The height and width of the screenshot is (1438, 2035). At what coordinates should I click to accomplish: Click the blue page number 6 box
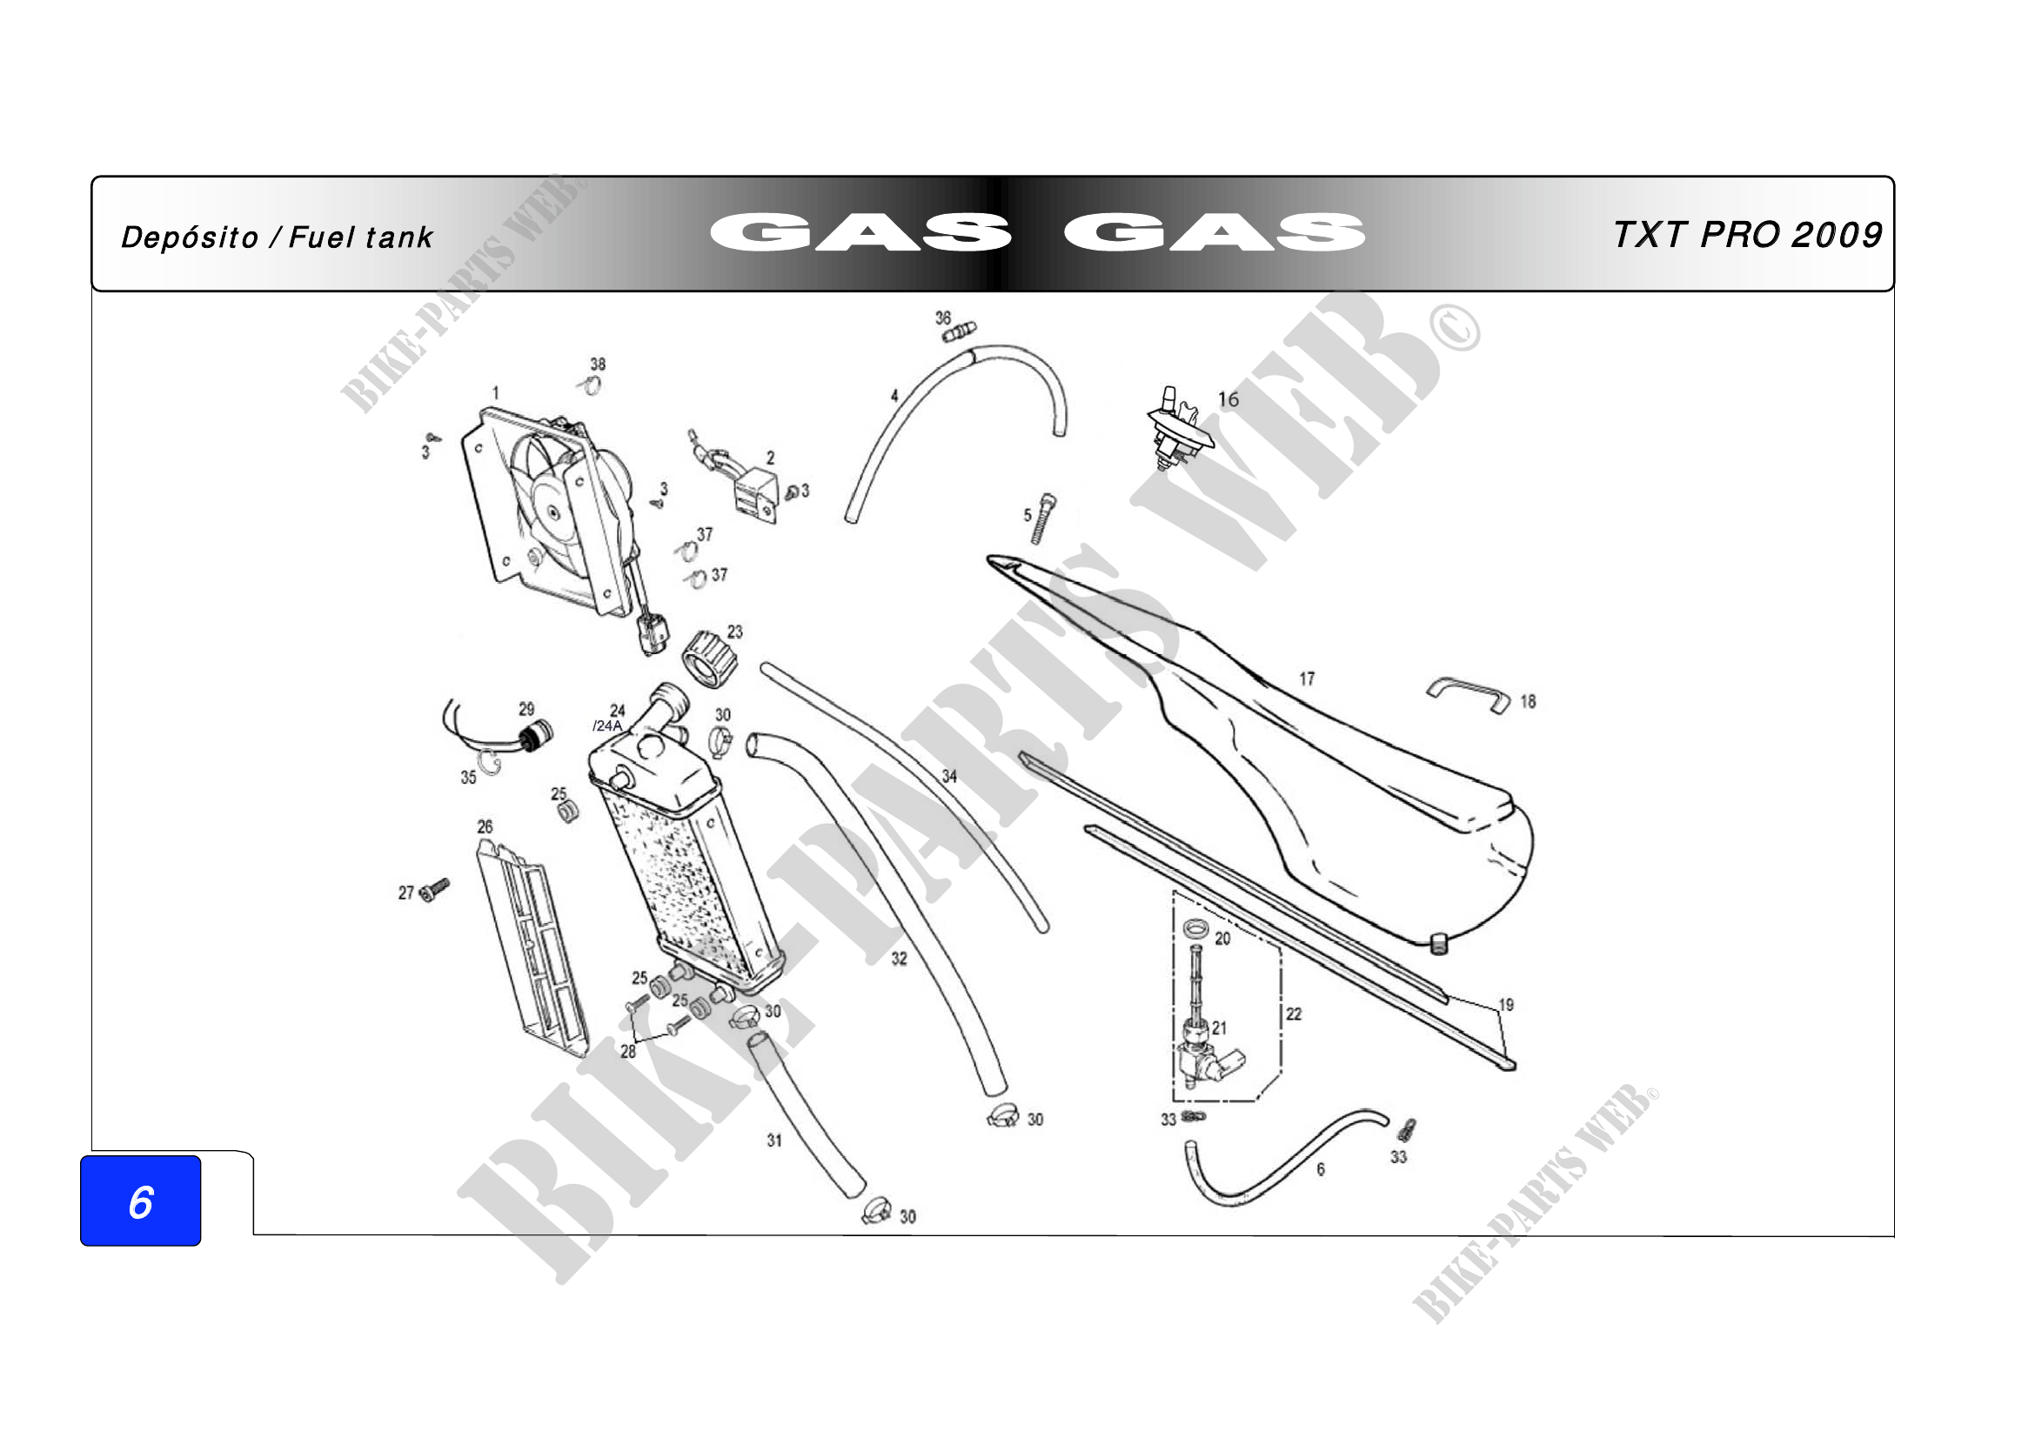(x=140, y=1201)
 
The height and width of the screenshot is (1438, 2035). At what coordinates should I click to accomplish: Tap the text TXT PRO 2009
(x=1747, y=236)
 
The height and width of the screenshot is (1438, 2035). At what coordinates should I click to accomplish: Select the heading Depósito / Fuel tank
(x=277, y=237)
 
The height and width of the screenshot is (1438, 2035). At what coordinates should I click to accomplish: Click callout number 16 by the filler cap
(x=1228, y=399)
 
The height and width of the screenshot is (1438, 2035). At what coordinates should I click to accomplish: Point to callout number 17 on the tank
(x=1307, y=679)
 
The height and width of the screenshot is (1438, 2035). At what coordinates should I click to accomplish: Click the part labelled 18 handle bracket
(x=1468, y=694)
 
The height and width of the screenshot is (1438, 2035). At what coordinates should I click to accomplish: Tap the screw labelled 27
(x=434, y=889)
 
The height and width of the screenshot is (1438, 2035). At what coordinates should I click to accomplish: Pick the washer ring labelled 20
(x=1195, y=928)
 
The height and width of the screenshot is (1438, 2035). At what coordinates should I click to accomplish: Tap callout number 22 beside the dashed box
(x=1294, y=1013)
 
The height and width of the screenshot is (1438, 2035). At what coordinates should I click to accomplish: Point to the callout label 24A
(x=608, y=726)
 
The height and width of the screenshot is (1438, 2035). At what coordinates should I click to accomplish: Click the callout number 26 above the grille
(x=485, y=826)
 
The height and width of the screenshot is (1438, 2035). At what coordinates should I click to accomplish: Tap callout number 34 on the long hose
(x=949, y=776)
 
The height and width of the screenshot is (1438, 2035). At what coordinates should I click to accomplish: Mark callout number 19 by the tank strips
(x=1506, y=1005)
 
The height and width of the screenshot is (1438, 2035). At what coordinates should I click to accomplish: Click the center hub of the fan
(x=553, y=512)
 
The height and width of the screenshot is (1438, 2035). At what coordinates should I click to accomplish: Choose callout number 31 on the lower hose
(x=774, y=1140)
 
